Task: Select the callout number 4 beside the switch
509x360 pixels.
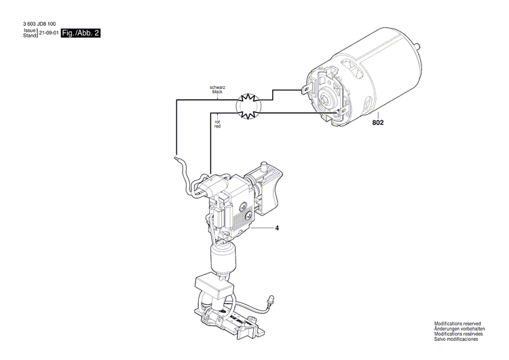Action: coord(277,228)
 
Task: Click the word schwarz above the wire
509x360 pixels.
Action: coord(217,87)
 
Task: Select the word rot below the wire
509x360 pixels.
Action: coord(217,122)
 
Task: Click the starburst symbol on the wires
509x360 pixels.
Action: coord(248,105)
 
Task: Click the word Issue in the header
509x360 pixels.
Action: coord(29,31)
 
